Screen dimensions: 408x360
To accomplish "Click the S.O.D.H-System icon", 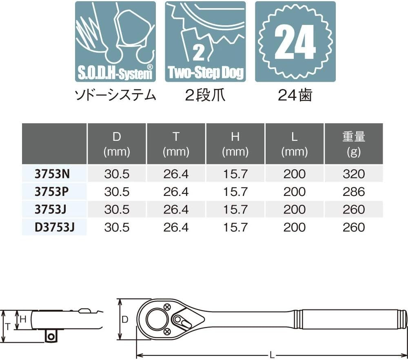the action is pyautogui.click(x=115, y=42).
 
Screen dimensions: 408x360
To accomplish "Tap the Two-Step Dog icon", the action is pyautogui.click(x=205, y=42).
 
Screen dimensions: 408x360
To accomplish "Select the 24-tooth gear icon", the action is pyautogui.click(x=295, y=42).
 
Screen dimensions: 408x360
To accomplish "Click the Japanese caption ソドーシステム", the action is pyautogui.click(x=115, y=96).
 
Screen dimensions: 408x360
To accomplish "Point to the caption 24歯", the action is pyautogui.click(x=295, y=96).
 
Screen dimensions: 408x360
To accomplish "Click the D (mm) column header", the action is pyautogui.click(x=117, y=144).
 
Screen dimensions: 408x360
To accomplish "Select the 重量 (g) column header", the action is pyautogui.click(x=354, y=144).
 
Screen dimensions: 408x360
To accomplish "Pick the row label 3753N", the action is pyautogui.click(x=52, y=174).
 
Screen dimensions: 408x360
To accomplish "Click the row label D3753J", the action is pyautogui.click(x=55, y=227).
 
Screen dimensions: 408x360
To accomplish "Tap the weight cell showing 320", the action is pyautogui.click(x=354, y=174).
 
